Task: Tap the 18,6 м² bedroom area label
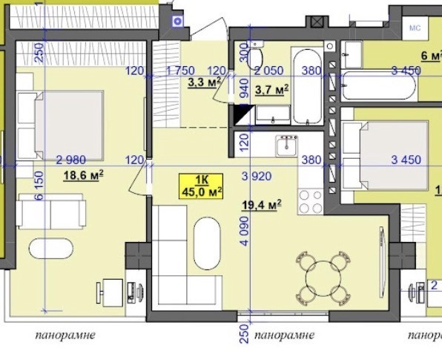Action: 82,175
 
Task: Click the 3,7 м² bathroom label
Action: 271,90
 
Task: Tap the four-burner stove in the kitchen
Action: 310,198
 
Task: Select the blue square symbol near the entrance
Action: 177,22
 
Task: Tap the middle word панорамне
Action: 284,336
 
